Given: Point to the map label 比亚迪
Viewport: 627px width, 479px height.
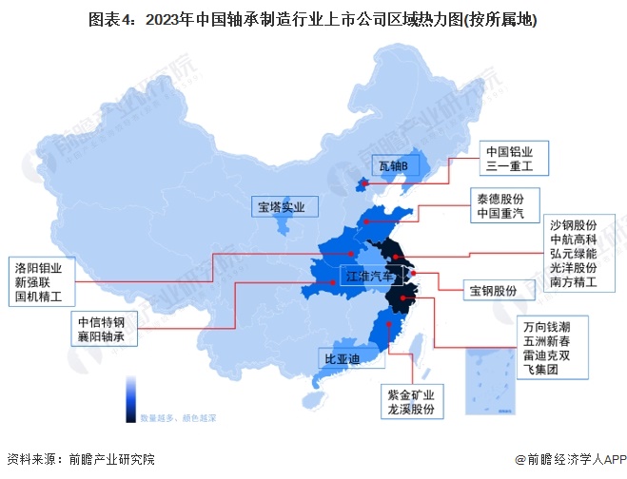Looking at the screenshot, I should pyautogui.click(x=342, y=359).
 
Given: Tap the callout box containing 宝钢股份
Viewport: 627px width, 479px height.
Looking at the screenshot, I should pyautogui.click(x=494, y=289).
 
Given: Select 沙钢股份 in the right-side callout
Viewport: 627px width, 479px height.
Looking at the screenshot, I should pyautogui.click(x=574, y=224).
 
